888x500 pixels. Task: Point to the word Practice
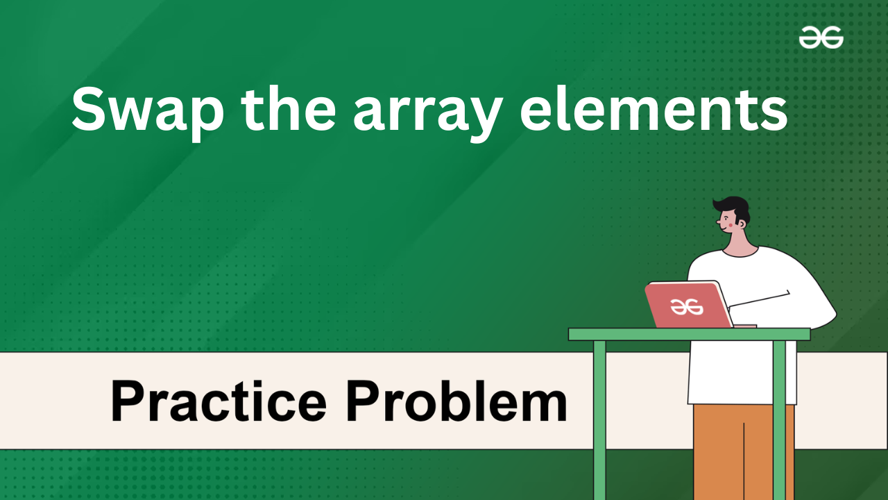[219, 401]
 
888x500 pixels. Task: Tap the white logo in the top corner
[821, 37]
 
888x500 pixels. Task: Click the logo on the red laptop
[687, 306]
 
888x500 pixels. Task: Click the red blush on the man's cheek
[731, 225]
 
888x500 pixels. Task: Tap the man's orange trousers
[744, 452]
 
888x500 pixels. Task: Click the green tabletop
[690, 334]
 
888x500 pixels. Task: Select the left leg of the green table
[599, 420]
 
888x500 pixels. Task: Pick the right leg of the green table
[779, 420]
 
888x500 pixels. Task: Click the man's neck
[740, 243]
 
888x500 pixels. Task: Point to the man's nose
[718, 222]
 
